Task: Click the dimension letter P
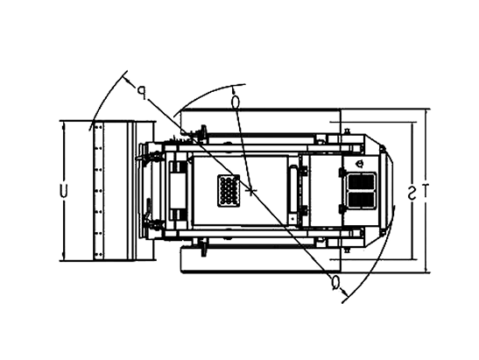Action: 142,93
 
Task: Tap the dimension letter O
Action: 236,102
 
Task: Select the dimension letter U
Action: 63,191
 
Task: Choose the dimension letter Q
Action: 335,282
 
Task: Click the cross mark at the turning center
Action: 250,191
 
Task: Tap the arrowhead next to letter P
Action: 128,80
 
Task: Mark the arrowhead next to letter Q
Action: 345,293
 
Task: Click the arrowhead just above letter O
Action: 234,90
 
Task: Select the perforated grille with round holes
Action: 229,191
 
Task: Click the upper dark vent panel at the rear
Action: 362,182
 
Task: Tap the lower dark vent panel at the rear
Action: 362,200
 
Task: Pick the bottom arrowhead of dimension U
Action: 64,257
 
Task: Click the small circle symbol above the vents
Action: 360,164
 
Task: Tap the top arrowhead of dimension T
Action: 426,112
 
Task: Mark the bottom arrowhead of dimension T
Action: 426,268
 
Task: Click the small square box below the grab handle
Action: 292,219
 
